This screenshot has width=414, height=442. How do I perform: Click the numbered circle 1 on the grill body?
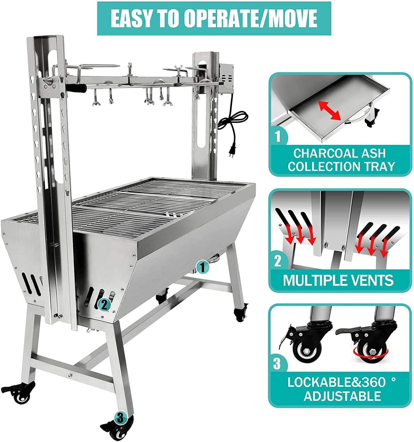point(202,267)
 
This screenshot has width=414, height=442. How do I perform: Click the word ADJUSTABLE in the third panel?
point(342,396)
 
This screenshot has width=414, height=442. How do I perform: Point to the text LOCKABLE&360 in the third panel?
point(336,382)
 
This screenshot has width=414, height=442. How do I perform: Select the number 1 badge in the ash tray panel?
point(278,136)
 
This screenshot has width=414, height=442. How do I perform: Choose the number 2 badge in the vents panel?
point(278,261)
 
